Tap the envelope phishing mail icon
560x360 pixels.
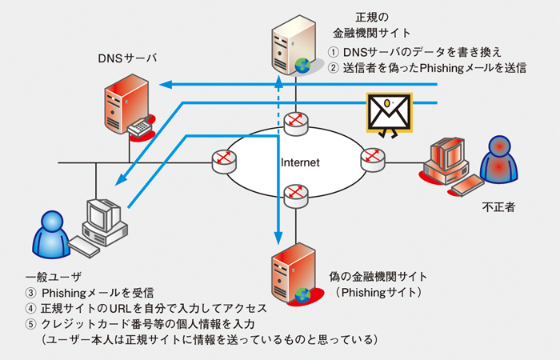(x=388, y=113)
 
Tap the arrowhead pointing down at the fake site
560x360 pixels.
(x=277, y=236)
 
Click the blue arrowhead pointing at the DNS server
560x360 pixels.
(x=164, y=84)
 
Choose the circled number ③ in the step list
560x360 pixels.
(x=31, y=292)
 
